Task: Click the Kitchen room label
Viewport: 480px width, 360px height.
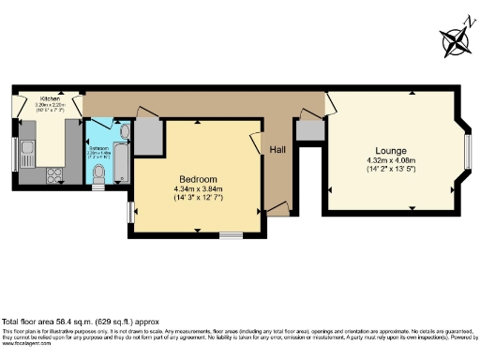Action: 50,97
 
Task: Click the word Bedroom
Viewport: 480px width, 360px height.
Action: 199,179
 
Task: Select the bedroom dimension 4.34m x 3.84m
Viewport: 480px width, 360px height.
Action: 199,189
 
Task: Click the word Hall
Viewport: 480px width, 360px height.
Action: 278,150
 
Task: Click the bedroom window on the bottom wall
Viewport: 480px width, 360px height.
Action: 231,235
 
